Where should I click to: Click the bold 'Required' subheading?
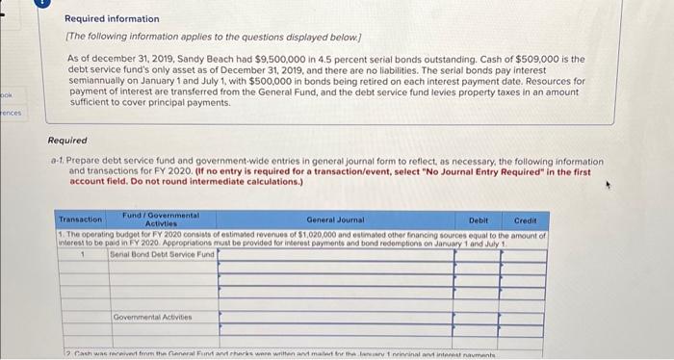67,141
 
